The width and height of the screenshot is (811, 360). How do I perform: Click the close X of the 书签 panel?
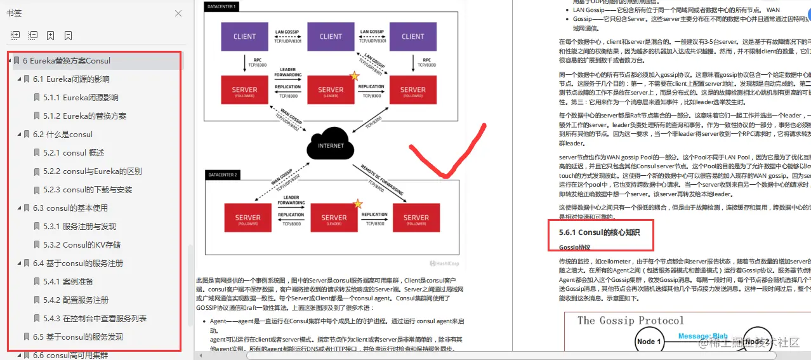178,13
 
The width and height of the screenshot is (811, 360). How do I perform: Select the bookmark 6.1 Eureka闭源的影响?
71,79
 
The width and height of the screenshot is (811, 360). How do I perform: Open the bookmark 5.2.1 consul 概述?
74,153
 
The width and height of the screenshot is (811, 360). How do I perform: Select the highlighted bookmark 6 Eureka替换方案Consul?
66,61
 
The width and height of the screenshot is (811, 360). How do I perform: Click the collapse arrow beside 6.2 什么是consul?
19,135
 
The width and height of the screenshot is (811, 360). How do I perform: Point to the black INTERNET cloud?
331,145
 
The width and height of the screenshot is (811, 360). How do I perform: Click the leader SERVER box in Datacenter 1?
331,90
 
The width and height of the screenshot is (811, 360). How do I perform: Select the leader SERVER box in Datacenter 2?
334,217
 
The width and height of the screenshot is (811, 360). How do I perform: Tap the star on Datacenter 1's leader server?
355,76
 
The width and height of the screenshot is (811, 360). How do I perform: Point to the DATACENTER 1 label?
221,6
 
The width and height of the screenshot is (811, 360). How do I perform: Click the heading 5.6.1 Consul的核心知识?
599,232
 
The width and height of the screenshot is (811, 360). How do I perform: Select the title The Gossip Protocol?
630,321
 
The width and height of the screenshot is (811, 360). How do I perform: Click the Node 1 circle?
649,342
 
